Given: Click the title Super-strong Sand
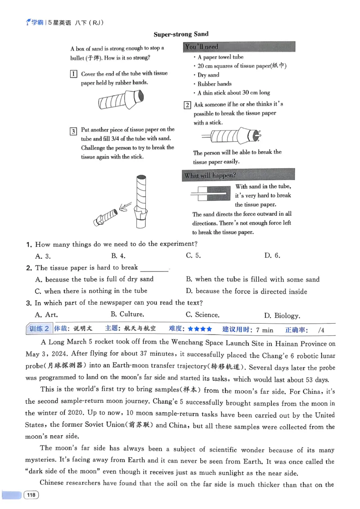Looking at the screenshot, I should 181,34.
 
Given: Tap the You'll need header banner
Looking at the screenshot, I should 239,47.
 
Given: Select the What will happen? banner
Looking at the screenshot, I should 239,175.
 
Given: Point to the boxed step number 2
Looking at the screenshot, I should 187,105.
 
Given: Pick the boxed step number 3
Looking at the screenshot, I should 73,131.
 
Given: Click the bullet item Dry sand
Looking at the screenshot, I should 208,75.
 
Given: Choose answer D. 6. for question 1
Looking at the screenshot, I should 272,256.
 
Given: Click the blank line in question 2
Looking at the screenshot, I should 154,268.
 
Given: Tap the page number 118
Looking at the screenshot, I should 31,495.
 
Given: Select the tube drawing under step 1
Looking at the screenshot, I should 121,101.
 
